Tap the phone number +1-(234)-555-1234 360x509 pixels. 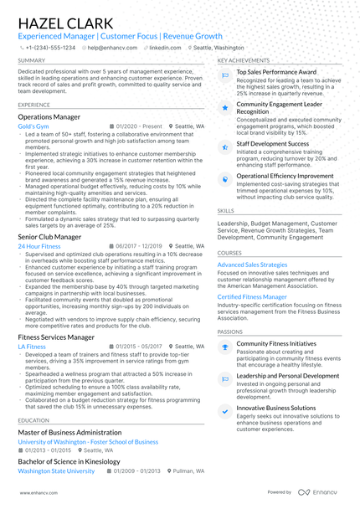coord(49,49)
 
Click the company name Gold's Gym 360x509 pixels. coord(33,126)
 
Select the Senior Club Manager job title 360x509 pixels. coord(49,237)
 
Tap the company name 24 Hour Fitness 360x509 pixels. coord(39,247)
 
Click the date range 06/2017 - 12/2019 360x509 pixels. coord(138,247)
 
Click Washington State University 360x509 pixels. coord(56,471)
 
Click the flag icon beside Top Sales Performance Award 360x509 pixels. coord(224,75)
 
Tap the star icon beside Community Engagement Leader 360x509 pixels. coord(224,108)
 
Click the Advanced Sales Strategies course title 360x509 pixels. coord(252,264)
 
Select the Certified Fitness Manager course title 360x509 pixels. coord(252,296)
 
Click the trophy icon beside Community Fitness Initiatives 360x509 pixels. coord(224,347)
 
